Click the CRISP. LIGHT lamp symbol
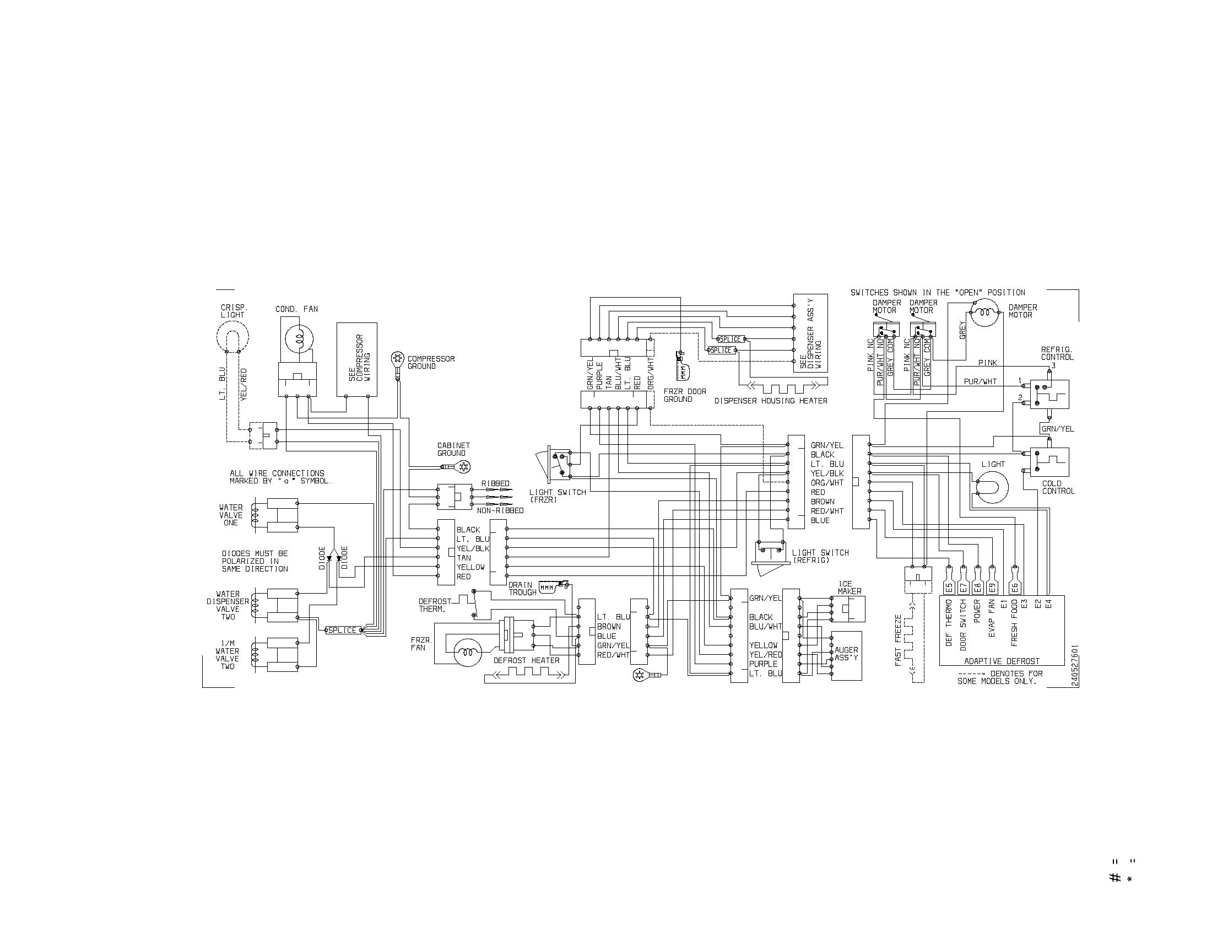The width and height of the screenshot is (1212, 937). point(232,336)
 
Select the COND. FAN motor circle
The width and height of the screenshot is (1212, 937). point(299,338)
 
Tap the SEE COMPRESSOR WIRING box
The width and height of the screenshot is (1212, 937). point(357,359)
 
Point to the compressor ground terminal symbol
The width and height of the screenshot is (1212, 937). point(398,359)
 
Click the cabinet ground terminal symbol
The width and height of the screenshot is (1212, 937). point(461,467)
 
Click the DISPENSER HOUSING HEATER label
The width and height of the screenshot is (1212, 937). point(770,401)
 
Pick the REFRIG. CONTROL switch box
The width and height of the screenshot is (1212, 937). point(1049,394)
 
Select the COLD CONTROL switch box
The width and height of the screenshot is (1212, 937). point(1049,461)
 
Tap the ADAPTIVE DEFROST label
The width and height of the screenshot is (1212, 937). point(1002,661)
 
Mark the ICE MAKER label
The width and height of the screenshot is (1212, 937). point(849,588)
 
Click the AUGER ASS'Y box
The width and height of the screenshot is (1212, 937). point(846,655)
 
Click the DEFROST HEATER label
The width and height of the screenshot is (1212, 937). point(526,660)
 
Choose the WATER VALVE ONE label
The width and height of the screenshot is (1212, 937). point(231,515)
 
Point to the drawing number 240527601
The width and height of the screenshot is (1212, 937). point(1075,666)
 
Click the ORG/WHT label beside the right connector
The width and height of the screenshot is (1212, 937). point(827,483)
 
